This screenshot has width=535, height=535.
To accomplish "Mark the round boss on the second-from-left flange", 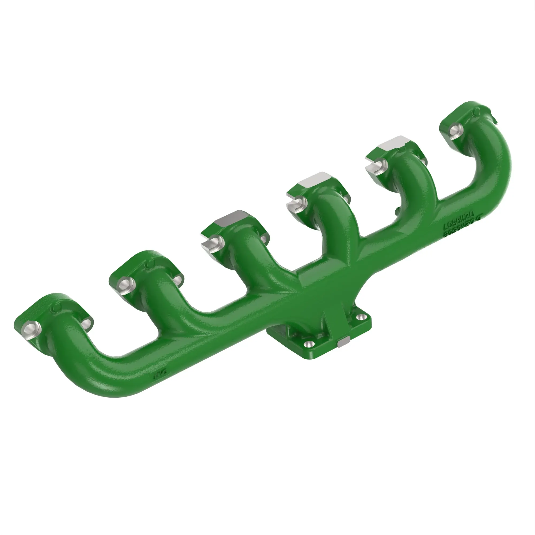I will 150,265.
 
